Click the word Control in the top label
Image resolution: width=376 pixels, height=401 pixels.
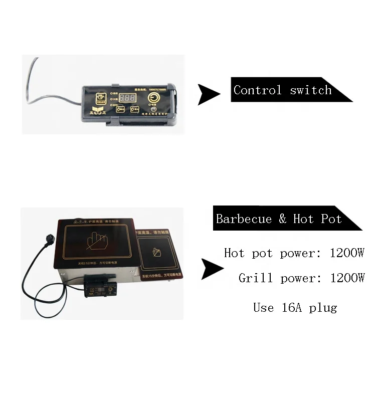pos(258,90)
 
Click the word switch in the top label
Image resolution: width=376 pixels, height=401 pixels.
pos(311,90)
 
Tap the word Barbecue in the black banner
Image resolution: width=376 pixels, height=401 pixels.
pos(244,219)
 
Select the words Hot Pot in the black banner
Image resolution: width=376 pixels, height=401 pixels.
pos(317,219)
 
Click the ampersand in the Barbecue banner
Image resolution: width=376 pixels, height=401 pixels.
pos(283,219)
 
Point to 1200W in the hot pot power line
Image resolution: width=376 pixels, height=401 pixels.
pos(347,253)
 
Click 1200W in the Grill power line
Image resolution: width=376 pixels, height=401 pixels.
pos(347,278)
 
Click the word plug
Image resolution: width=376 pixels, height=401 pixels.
pos(322,307)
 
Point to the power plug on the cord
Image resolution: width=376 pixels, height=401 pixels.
pos(43,236)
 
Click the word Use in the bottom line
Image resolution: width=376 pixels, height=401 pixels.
pos(264,307)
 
